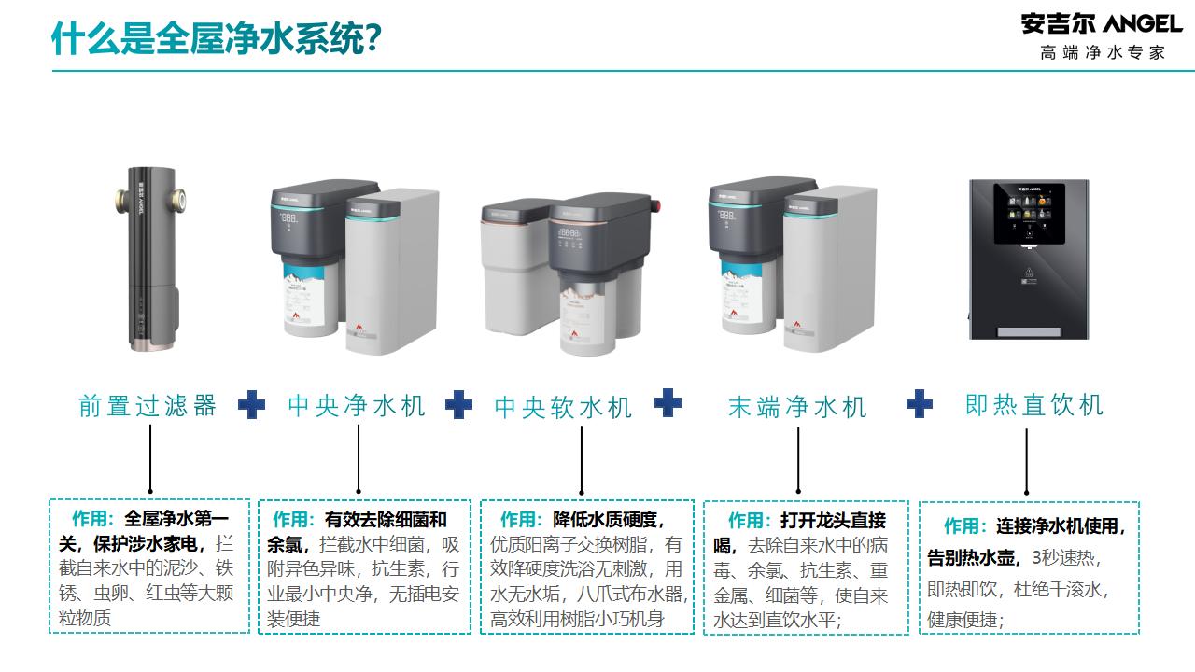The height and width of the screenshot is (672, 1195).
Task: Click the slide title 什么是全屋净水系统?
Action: point(216,38)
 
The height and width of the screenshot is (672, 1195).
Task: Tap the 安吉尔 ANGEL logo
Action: point(1102,24)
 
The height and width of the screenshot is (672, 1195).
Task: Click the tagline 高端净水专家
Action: point(1103,53)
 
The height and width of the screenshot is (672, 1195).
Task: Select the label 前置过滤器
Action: point(148,406)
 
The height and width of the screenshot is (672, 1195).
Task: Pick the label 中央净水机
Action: point(357,406)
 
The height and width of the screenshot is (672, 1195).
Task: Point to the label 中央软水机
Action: point(563,408)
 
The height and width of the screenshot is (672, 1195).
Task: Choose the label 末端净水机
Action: point(797,407)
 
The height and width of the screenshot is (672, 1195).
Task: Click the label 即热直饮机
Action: point(1034,405)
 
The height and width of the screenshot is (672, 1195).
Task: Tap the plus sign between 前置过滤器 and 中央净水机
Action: point(252,405)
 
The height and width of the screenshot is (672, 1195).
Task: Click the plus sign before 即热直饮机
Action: point(920,404)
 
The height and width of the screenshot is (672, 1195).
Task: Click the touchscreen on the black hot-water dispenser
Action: point(1029,214)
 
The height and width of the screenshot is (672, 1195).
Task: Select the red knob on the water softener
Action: point(655,205)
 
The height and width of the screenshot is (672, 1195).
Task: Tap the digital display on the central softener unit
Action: point(569,233)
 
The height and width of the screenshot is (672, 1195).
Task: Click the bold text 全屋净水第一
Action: point(176,518)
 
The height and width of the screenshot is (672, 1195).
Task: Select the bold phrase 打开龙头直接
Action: point(834,520)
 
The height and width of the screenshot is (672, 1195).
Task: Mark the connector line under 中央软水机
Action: point(582,460)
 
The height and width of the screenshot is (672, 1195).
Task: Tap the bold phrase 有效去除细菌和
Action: point(386,520)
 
